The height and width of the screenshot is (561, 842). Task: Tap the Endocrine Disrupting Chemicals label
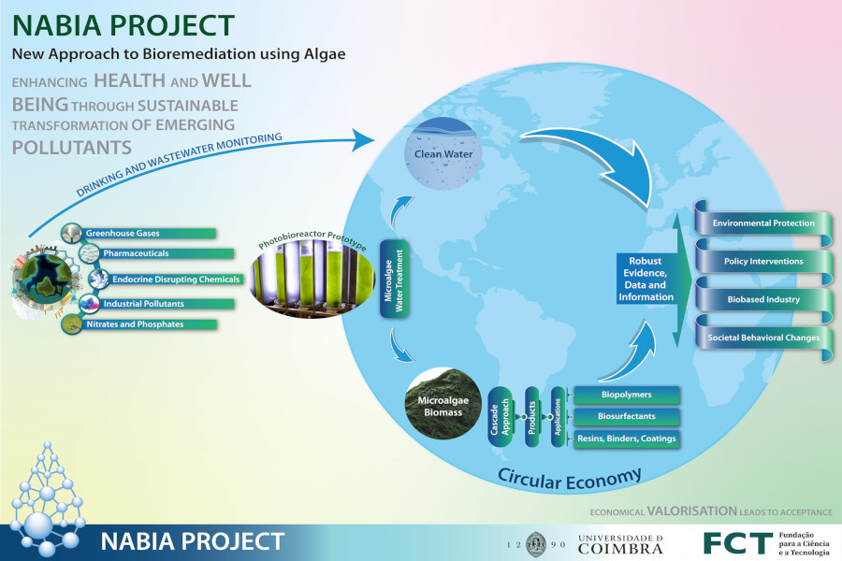(176, 280)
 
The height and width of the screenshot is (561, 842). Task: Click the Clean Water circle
(443, 154)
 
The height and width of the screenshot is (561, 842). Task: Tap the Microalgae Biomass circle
(443, 404)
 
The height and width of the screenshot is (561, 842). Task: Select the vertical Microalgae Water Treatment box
(394, 280)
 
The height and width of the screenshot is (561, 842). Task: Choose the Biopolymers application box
(626, 395)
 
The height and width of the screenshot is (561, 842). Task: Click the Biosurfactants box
(626, 416)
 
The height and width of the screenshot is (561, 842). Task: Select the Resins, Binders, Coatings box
(626, 439)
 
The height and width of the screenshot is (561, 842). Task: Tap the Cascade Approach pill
(501, 417)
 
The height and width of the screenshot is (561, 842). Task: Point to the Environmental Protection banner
(763, 223)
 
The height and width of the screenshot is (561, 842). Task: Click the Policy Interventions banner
(763, 262)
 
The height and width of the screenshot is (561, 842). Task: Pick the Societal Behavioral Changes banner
(763, 338)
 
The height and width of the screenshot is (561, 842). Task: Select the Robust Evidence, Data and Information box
(646, 279)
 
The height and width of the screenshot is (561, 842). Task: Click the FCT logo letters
(738, 543)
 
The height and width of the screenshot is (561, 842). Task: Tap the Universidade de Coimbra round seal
(536, 544)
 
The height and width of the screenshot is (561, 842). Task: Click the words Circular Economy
(570, 480)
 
